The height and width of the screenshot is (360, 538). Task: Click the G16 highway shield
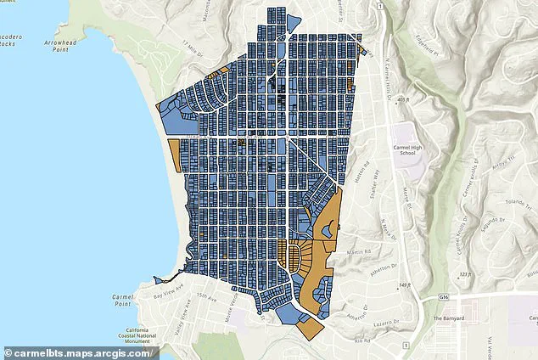coord(444,298)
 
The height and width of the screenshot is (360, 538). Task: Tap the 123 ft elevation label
coord(487,275)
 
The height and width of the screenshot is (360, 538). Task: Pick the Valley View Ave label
coord(182,319)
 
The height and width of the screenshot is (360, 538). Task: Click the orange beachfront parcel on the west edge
coord(175,155)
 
